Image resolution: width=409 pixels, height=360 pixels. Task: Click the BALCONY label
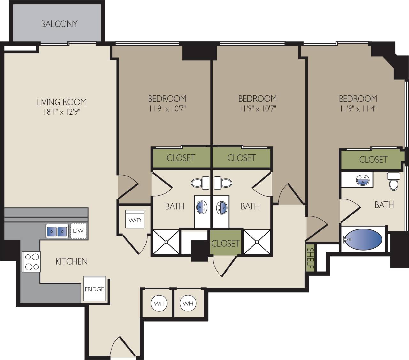pos(59,24)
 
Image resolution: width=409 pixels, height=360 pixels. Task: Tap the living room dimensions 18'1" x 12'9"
pos(61,112)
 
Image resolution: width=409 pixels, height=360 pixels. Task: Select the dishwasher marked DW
pos(78,230)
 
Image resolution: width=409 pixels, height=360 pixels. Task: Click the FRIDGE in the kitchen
pos(94,289)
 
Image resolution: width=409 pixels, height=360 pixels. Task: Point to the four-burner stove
pos(31,262)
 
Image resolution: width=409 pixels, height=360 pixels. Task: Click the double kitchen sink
pos(57,231)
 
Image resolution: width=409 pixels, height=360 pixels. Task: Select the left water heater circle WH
pos(159,304)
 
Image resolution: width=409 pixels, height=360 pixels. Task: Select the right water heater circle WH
pos(188,303)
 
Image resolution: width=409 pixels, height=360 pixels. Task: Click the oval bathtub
pos(364,239)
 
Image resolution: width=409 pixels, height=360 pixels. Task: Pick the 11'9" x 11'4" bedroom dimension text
pos(358,109)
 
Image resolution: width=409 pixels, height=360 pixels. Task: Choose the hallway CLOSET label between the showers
pos(225,243)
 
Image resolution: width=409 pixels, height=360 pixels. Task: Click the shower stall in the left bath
pos(166,242)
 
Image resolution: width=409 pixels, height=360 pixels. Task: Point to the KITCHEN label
pos(71,261)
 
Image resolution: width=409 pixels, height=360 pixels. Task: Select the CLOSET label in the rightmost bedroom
pos(373,159)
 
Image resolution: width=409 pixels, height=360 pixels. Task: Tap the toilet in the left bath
pos(200,183)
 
